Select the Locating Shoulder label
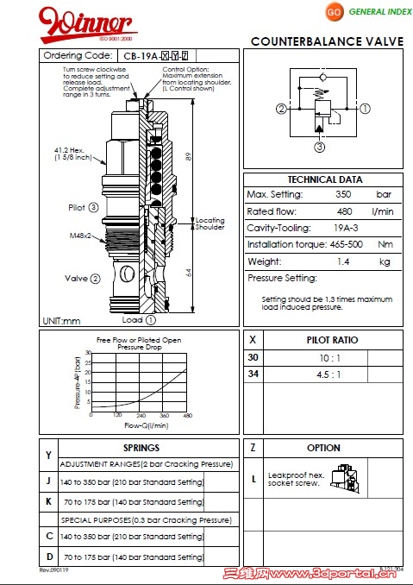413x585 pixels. pyautogui.click(x=209, y=223)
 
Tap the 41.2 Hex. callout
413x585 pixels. pyautogui.click(x=70, y=151)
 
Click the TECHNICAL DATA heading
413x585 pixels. pyautogui.click(x=324, y=179)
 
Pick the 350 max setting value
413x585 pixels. pyautogui.click(x=343, y=195)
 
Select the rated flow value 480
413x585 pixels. pyautogui.click(x=343, y=211)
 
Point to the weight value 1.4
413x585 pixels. pyautogui.click(x=343, y=261)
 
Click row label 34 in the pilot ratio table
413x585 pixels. pyautogui.click(x=253, y=374)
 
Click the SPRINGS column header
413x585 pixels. pyautogui.click(x=141, y=449)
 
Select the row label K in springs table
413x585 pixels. pyautogui.click(x=48, y=500)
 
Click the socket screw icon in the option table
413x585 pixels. pyautogui.click(x=350, y=475)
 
